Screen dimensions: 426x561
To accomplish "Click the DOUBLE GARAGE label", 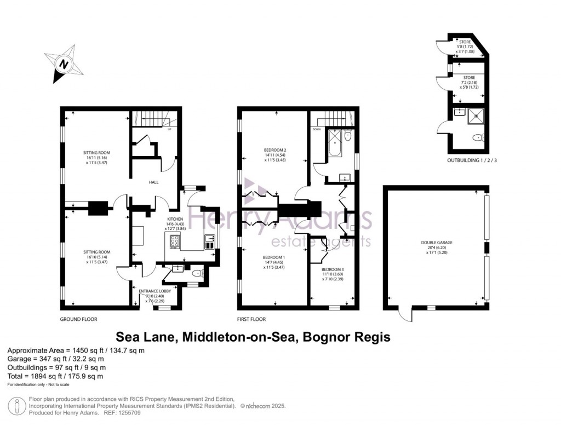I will pos(437,242).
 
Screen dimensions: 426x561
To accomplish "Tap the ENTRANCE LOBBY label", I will pos(154,291).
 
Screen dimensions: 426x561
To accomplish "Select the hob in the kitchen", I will pos(175,241).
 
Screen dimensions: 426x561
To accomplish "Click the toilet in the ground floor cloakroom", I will pos(197,273).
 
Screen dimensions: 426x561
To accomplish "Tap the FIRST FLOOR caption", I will pos(251,319).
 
